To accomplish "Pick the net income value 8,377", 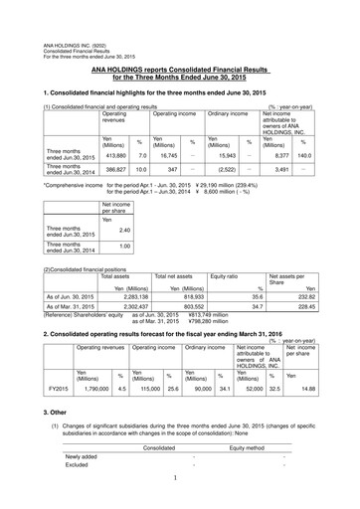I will [x=275, y=156].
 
